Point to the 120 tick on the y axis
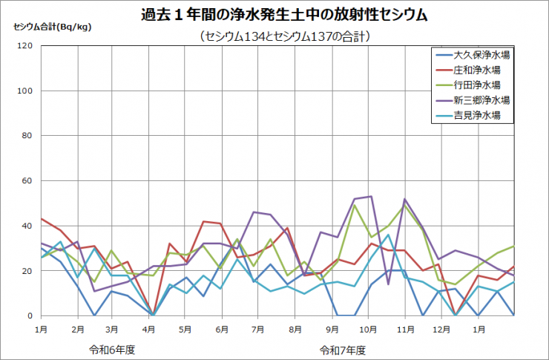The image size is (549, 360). [x=25, y=46]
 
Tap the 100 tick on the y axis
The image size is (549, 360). [x=25, y=91]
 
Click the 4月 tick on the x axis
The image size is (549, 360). [x=149, y=327]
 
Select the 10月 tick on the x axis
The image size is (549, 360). [x=369, y=327]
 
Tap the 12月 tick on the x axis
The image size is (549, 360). [x=441, y=327]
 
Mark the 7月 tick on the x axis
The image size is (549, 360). [x=259, y=327]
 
